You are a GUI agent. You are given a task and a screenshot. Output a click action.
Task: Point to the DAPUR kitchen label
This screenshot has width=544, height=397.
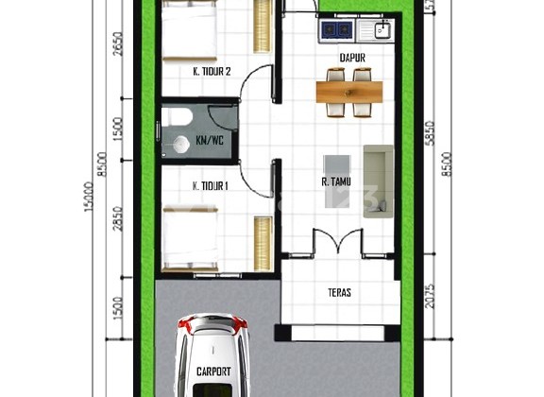(x=352, y=58)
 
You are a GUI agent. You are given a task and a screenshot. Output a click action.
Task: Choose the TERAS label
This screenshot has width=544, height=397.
(x=340, y=293)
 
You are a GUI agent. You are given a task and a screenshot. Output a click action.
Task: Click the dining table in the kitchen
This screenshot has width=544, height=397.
(x=349, y=92)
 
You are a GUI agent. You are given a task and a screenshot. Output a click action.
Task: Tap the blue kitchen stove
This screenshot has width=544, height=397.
(x=333, y=30)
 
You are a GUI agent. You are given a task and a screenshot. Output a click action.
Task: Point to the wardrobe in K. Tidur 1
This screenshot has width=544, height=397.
(x=263, y=244)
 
